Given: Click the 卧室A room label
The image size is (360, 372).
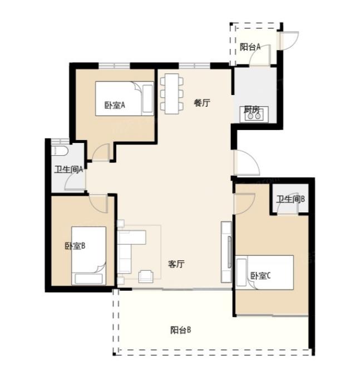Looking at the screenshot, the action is coord(115,105).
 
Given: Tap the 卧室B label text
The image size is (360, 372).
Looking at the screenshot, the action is coord(75,246).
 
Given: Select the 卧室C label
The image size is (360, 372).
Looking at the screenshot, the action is coord(260,275).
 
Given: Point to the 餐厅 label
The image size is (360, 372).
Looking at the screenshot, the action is coord(202,103).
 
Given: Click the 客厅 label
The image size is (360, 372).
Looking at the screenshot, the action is coord(176,264).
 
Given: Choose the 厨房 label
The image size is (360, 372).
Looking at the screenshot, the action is coord(251,110).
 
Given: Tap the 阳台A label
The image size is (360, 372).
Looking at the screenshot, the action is coord(250,47).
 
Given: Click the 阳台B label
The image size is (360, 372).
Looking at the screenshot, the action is coord(180,330).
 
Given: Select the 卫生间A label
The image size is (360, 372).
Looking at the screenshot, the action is coord(68,170).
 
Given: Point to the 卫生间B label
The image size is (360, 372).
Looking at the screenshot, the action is coord(290,199).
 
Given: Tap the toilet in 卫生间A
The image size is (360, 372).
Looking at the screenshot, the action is coord(60,150).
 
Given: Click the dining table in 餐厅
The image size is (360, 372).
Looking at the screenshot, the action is coord(172,94).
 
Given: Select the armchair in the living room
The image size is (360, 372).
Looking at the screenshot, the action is coord(146,276).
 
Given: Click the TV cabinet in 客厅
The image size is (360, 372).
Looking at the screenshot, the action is coord(226,252).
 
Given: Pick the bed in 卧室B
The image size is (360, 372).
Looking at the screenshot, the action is coord(89,255).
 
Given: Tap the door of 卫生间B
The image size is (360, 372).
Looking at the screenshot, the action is coord(288,202).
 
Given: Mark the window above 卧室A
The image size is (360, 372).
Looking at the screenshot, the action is coord(114,65).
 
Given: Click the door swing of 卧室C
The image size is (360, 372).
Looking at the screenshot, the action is coord(245,204).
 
